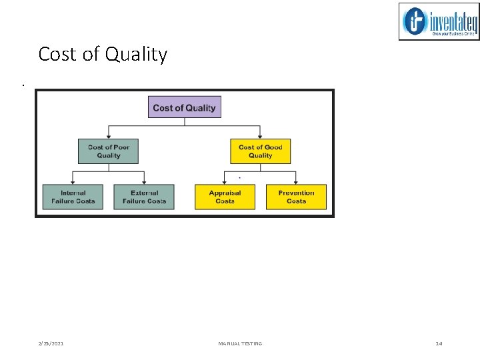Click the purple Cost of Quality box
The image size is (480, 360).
click(x=184, y=107)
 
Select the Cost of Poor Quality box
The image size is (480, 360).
click(x=108, y=151)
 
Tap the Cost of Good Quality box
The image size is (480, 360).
click(x=260, y=151)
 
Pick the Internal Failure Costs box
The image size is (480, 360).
click(x=73, y=197)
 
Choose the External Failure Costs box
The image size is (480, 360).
click(x=144, y=197)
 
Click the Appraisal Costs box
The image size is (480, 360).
click(x=225, y=197)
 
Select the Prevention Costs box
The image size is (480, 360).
click(x=296, y=197)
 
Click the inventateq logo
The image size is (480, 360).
click(x=439, y=21)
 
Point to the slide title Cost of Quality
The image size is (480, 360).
click(x=103, y=54)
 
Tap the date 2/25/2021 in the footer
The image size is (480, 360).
click(x=51, y=343)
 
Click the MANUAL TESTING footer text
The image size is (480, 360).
click(x=240, y=343)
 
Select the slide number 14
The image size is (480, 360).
click(x=439, y=343)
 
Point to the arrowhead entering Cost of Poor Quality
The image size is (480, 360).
click(x=108, y=136)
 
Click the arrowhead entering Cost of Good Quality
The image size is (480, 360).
click(x=260, y=136)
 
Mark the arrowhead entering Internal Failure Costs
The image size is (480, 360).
click(x=73, y=181)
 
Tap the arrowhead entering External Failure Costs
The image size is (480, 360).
click(x=144, y=181)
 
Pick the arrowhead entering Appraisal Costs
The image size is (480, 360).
click(x=225, y=181)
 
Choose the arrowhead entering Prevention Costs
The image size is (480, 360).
click(x=296, y=181)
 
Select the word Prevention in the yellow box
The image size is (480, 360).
click(x=296, y=193)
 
